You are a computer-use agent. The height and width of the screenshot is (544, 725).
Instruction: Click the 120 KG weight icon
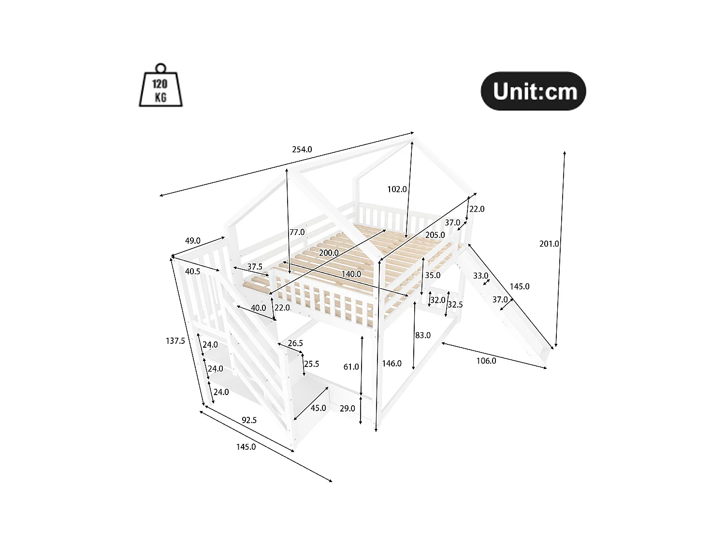coord(160,87)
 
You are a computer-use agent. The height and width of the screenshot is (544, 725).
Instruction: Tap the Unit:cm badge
coord(533,91)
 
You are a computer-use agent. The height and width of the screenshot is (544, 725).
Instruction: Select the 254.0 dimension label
coord(302,149)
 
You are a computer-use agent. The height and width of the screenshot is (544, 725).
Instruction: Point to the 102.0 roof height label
coord(397,189)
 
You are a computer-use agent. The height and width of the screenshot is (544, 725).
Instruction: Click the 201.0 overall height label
coord(549,244)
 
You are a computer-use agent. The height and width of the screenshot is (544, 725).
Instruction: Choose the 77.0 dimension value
coord(297,232)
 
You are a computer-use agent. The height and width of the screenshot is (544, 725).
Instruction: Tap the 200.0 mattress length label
coord(329,253)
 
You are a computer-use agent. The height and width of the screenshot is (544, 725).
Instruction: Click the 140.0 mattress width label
coord(351,274)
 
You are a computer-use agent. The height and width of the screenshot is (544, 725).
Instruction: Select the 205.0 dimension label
coord(435,235)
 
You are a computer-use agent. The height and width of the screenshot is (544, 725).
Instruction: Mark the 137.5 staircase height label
coord(175,341)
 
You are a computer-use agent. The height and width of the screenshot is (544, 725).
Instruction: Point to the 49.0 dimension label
coord(192,241)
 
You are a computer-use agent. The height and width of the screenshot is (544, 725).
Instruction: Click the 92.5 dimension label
coord(249,420)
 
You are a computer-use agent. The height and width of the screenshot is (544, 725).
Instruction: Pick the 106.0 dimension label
coord(486,361)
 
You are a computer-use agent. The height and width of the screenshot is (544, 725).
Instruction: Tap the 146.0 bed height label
coord(392,363)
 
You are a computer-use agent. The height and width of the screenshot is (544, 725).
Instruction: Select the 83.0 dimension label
coord(423,335)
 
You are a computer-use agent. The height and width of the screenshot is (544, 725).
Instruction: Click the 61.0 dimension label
coord(351,367)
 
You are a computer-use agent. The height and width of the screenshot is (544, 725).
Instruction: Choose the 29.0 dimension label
coord(348,408)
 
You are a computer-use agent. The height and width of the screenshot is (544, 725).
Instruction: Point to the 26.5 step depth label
coord(295,343)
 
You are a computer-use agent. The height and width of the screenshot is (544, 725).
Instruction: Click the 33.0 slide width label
coord(480,276)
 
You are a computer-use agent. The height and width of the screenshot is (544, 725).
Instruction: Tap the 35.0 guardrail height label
coord(433,275)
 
